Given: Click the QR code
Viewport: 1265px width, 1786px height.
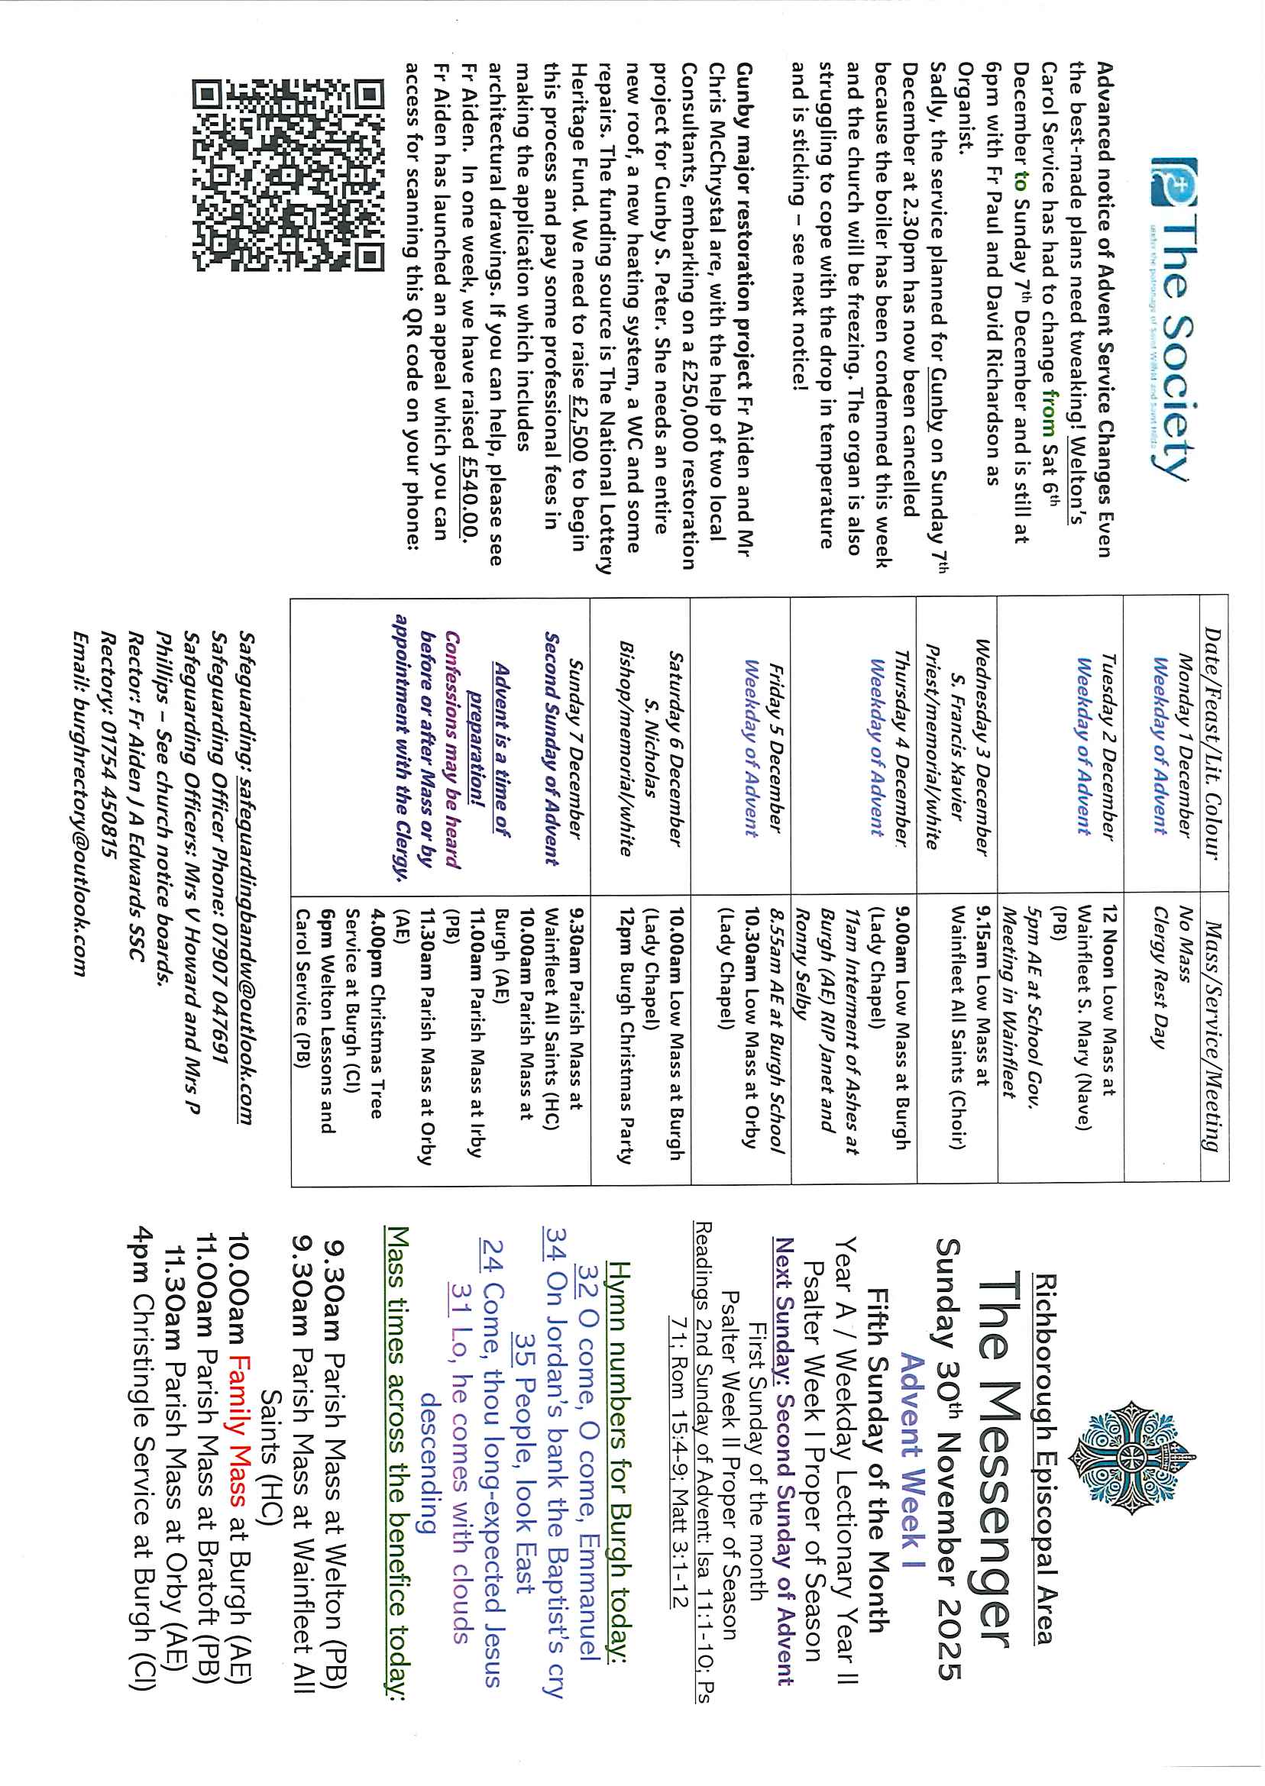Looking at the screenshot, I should (x=289, y=175).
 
